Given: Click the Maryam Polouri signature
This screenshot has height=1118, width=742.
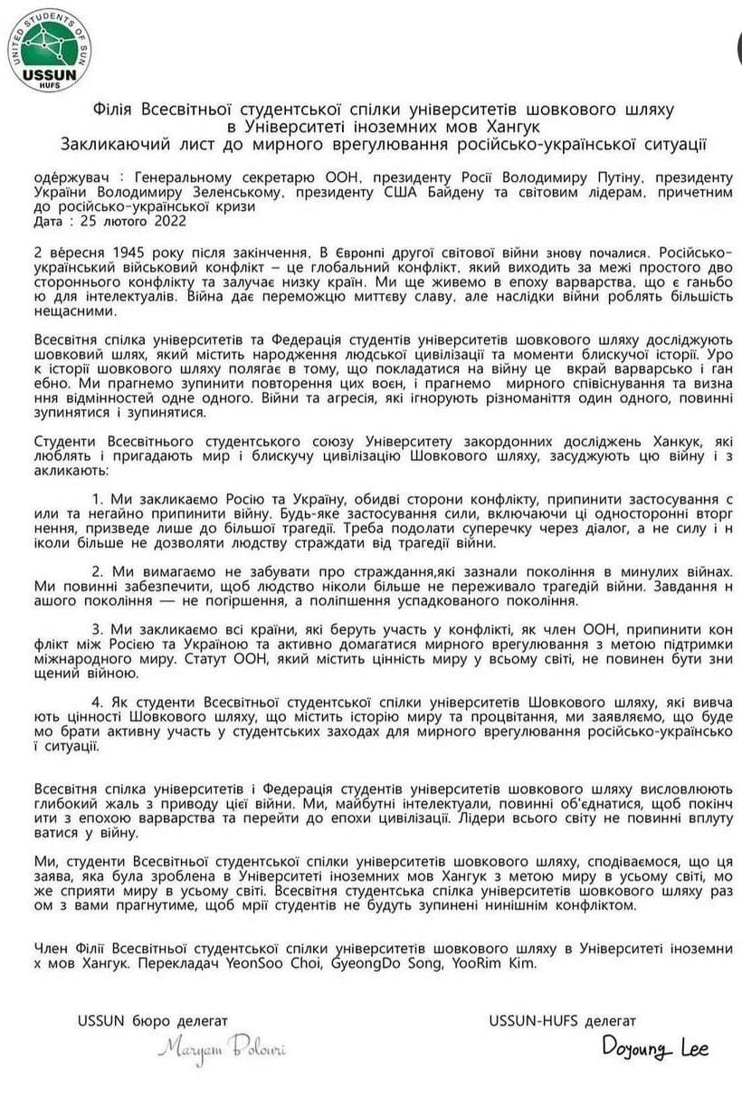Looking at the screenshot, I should tap(222, 1049).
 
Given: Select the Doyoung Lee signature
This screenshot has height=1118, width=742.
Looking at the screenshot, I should tap(656, 1049).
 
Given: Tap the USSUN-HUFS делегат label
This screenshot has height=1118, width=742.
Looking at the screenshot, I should tap(562, 1021).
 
